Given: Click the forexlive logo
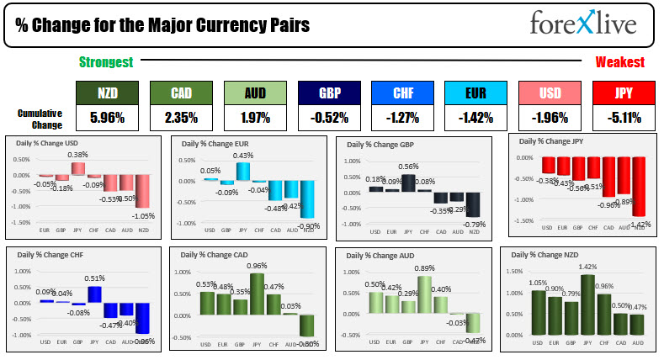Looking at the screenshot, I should [x=582, y=23].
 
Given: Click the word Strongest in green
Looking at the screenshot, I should [x=107, y=62].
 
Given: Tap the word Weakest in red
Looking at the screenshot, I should [x=619, y=62].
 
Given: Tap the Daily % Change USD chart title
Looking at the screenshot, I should [x=50, y=142].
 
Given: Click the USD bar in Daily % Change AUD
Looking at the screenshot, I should [x=375, y=313].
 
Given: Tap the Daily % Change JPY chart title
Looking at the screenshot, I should [x=555, y=141].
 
